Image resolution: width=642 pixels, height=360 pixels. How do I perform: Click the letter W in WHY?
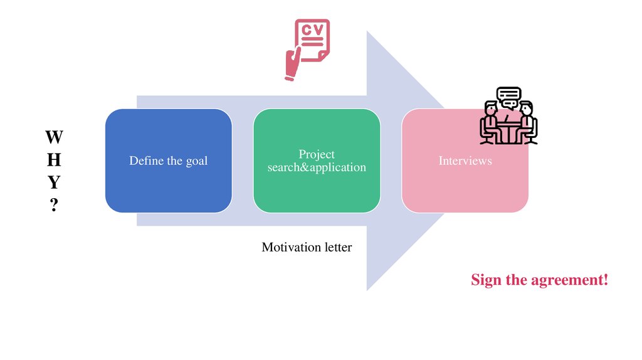pyautogui.click(x=54, y=137)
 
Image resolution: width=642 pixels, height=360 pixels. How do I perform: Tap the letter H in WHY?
pyautogui.click(x=54, y=160)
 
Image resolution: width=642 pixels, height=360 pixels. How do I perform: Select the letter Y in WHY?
pyautogui.click(x=54, y=183)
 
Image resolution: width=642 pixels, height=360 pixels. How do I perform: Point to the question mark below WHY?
pyautogui.click(x=54, y=205)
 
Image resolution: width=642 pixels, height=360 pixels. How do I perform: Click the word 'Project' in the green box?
pyautogui.click(x=317, y=154)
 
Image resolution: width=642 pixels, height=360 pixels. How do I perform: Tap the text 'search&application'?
pyautogui.click(x=317, y=167)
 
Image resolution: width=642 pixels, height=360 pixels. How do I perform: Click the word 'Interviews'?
pyautogui.click(x=465, y=161)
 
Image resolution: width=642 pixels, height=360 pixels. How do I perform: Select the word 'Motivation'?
pyautogui.click(x=291, y=247)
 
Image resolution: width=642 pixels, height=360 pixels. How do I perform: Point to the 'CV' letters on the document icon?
pyautogui.click(x=312, y=30)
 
